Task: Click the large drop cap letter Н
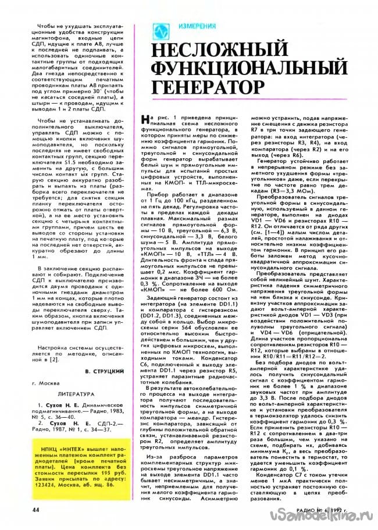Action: (146, 120)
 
